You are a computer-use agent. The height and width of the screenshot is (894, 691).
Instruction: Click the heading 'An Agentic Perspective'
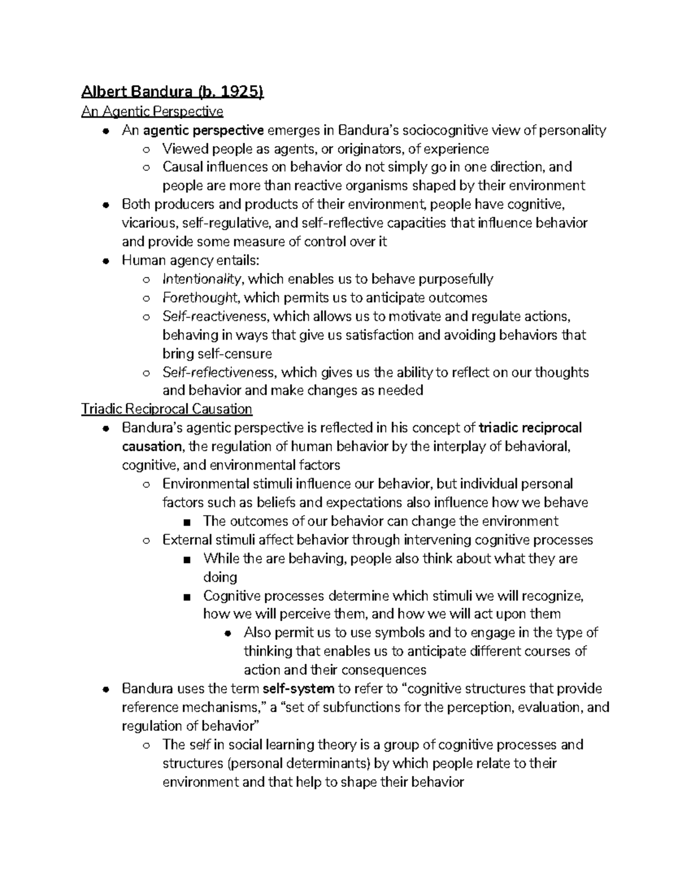click(152, 111)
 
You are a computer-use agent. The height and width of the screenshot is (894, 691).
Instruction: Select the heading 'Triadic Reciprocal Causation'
click(167, 409)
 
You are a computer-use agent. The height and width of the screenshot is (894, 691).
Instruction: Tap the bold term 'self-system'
click(298, 689)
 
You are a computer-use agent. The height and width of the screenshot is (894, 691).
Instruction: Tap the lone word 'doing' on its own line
click(220, 577)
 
